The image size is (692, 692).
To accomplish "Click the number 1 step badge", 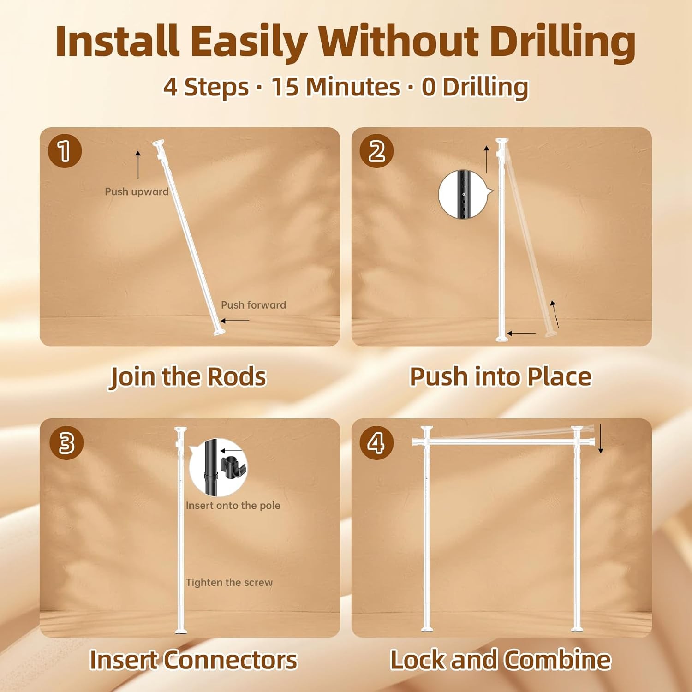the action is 65,150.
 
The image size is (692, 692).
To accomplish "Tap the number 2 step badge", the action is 377,150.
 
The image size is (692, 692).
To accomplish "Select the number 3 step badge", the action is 66,442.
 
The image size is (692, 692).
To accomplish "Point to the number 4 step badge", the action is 377,442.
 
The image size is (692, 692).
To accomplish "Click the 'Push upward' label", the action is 137,191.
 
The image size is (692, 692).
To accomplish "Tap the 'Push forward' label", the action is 253,305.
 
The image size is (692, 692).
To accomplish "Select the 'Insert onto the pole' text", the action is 233,506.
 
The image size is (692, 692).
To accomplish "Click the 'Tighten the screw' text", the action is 229,583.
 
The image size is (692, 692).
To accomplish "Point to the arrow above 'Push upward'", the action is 137,164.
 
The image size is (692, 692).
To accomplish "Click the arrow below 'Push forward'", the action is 234,321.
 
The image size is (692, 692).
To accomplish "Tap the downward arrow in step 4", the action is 601,439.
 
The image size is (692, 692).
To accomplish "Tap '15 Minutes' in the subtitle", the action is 335,87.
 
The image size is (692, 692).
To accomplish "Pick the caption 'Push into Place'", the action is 501,376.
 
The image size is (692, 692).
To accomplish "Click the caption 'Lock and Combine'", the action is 501,659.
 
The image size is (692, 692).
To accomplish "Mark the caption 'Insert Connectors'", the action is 193,660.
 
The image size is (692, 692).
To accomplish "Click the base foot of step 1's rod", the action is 219,332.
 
